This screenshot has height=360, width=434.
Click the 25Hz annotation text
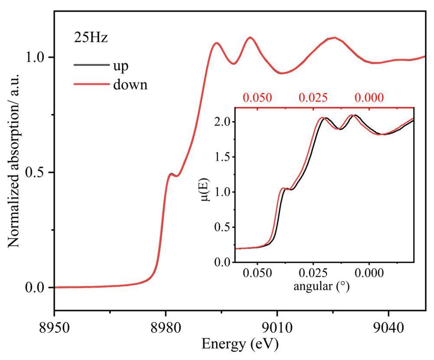(x=90, y=38)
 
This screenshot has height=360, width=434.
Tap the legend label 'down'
(x=130, y=85)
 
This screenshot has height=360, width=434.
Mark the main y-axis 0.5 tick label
(x=37, y=173)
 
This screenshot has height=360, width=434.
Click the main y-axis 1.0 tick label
(x=37, y=57)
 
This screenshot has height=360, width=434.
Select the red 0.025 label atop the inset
(x=313, y=98)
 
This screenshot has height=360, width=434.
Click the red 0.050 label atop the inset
(x=258, y=98)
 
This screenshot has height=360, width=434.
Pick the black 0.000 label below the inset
(x=369, y=274)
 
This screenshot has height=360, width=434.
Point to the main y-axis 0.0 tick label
(x=37, y=288)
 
